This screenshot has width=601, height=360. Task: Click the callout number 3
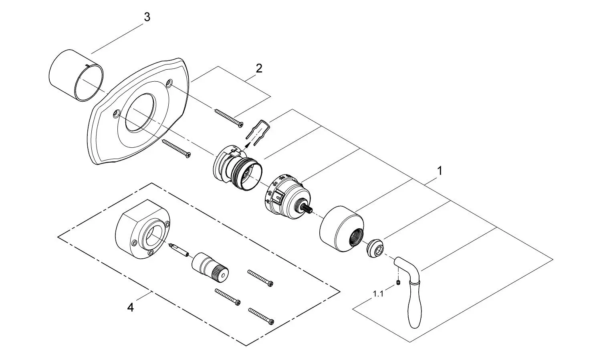coord(147,17)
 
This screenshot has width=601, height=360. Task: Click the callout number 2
coord(259,68)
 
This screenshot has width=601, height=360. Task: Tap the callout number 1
coord(440,171)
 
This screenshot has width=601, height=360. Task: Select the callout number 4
coord(130,307)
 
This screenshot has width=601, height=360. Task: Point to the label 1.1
coord(378,294)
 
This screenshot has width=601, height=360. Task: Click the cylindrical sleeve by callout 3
coord(76,75)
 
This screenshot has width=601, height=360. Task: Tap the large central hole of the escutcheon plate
coord(140,113)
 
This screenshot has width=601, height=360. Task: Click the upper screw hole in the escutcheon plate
coord(169,83)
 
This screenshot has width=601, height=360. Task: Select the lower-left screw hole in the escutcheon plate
coord(117,114)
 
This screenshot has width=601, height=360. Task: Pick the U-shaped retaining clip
coord(258,133)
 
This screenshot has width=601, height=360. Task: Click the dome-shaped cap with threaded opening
coord(342,229)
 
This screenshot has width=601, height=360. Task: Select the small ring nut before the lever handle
coord(375,248)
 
